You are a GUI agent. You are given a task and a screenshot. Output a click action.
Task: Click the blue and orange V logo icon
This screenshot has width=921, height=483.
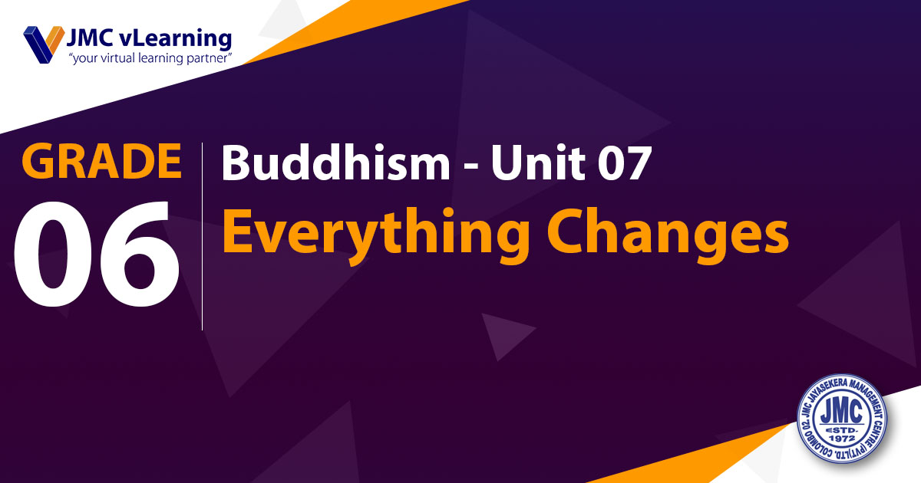pos(44,44)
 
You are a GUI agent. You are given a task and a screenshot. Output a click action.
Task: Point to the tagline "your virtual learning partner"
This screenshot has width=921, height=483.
pos(150,58)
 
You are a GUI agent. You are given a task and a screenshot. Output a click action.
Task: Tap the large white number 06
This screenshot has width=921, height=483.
pos(97,254)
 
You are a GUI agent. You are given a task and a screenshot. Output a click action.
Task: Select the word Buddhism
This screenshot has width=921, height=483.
pos(336,163)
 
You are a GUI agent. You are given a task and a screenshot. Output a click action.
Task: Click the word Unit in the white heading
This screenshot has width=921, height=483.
pos(538,163)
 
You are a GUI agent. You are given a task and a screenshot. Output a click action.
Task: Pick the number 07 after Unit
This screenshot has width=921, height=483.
pos(625,163)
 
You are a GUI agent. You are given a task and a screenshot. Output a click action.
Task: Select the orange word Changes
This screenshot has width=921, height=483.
pos(668,233)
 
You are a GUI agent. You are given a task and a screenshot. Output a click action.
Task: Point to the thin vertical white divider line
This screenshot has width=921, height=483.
pos(203,236)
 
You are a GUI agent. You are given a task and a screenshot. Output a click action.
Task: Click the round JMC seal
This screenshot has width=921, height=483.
pos(842,419)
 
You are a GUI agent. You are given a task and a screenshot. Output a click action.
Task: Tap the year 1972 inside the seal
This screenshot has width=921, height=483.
pos(842,439)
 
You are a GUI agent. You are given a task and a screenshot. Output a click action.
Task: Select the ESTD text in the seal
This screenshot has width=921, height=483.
pos(842,430)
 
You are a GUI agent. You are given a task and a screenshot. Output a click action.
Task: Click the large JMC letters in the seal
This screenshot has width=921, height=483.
pos(842,412)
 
